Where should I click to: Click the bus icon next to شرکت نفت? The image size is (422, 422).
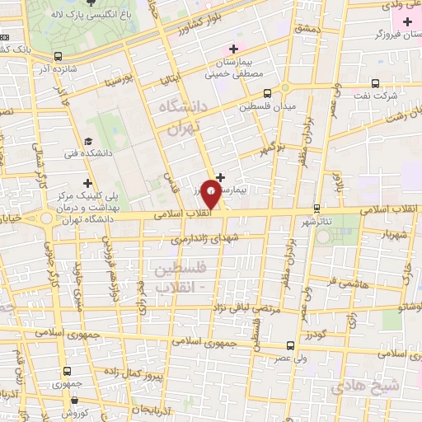tap(376, 82)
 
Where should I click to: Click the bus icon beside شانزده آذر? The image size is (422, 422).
tap(58, 56)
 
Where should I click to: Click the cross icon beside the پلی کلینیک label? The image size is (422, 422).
tap(88, 182)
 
